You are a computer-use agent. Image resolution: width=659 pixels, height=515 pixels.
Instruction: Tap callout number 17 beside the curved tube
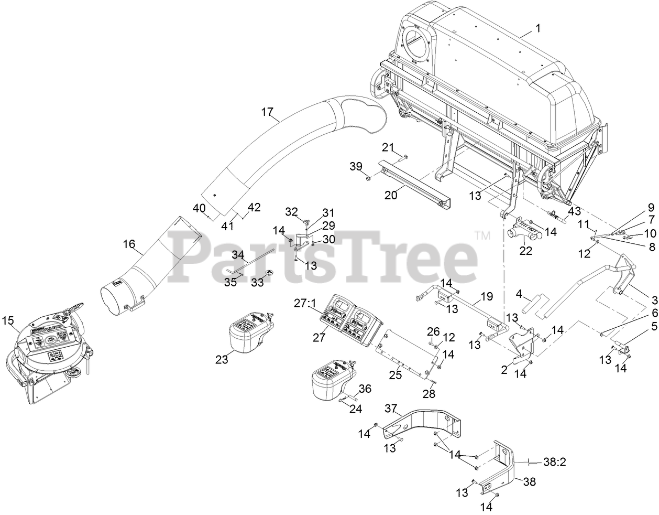(267, 112)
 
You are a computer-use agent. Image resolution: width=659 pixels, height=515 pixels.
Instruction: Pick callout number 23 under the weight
(222, 360)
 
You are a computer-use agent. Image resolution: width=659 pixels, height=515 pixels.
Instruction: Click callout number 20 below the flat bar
(391, 195)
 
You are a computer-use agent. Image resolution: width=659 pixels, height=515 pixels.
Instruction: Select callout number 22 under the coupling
(525, 251)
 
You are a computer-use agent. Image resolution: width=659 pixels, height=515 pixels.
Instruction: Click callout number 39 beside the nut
(356, 166)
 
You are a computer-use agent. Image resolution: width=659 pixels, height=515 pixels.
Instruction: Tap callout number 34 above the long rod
(238, 255)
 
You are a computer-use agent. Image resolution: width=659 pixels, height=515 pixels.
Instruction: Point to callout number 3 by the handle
(654, 300)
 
